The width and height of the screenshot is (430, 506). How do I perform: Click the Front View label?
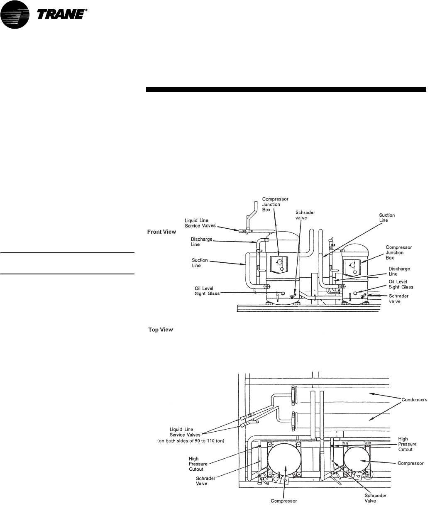[161, 232]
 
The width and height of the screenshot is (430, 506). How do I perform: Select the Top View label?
[160, 330]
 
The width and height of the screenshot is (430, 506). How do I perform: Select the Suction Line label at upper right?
[387, 218]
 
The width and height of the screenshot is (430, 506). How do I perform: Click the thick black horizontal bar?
[286, 89]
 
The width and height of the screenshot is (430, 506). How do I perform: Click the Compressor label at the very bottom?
[284, 500]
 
